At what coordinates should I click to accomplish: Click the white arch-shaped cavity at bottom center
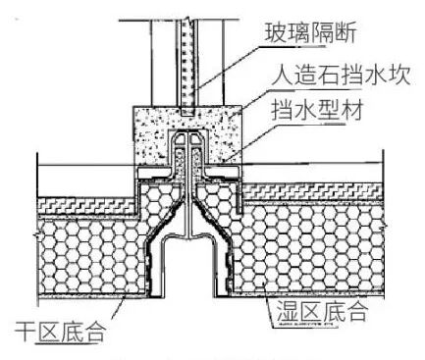pos(187,275)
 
